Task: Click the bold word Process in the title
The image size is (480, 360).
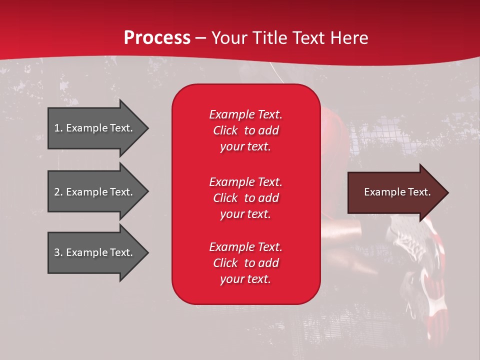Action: coord(157,38)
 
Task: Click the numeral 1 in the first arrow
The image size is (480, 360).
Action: coord(57,128)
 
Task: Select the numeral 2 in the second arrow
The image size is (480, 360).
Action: coord(57,192)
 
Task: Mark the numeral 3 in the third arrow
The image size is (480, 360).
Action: coord(57,252)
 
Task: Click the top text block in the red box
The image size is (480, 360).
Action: coord(245,130)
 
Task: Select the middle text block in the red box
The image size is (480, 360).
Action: coord(245,198)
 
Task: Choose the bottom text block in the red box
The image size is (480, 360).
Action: coord(245,263)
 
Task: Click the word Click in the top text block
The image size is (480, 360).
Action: coord(225,130)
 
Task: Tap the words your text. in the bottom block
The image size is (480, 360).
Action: coord(245,279)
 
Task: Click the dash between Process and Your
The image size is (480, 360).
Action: coord(200,38)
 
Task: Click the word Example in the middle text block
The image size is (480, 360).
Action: coord(231,182)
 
